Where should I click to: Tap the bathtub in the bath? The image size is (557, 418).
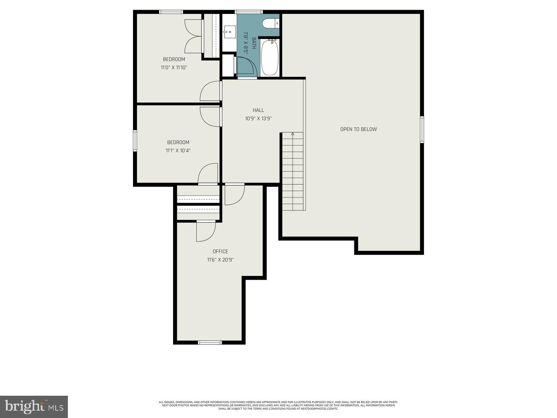coord(270,57)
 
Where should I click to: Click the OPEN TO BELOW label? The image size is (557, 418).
coord(358,129)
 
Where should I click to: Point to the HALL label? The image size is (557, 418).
coord(258,110)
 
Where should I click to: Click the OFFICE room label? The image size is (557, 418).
coord(220,251)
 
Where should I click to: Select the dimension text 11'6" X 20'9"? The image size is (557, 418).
coord(220,260)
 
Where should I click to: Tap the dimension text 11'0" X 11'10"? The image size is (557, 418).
coord(174,68)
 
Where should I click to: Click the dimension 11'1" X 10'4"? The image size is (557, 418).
coord(178,150)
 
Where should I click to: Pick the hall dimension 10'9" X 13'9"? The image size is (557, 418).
coord(258,118)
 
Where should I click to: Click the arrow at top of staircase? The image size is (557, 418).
coord(293,134)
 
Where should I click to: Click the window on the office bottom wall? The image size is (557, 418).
coord(210,342)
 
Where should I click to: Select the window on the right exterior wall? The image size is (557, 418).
coord(422,130)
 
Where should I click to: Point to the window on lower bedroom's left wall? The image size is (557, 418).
coord(135,141)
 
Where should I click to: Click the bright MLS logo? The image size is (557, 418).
coord(34,406)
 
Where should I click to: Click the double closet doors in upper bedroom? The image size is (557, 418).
coord(194,36)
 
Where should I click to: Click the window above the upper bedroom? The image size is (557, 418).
coord(171,12)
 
